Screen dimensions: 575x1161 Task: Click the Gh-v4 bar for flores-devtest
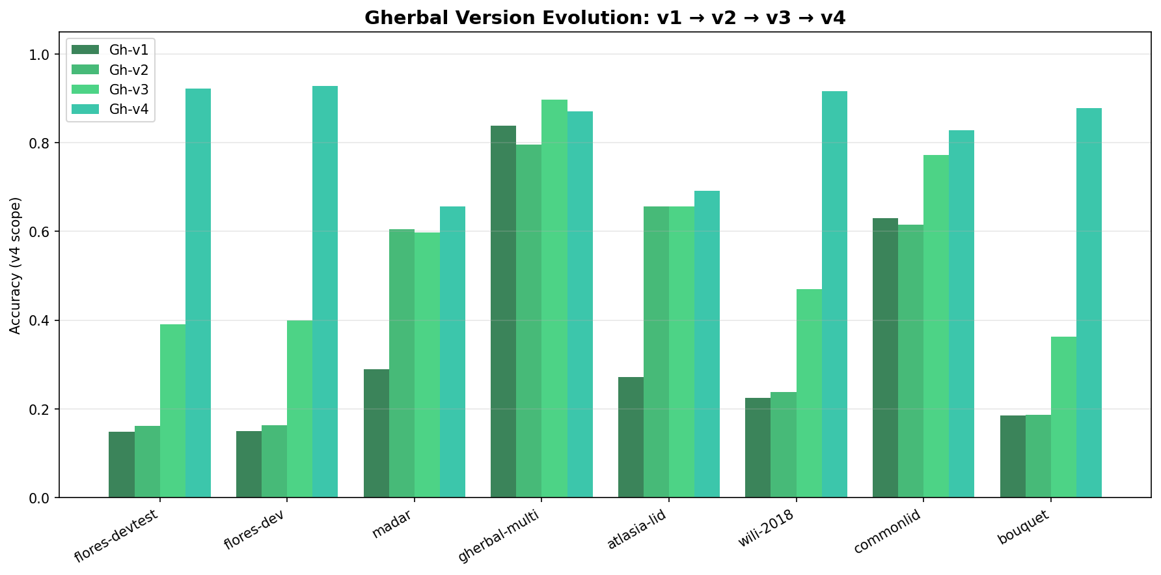click(x=198, y=293)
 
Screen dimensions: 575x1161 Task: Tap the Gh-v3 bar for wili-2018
click(x=809, y=393)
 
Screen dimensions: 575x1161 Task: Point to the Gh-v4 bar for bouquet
click(x=1089, y=303)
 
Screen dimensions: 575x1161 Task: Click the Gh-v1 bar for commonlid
click(x=885, y=358)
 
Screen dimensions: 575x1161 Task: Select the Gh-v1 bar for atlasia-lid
click(x=631, y=437)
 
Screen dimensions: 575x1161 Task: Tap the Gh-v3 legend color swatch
click(x=85, y=90)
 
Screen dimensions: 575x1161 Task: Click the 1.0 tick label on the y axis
click(x=41, y=55)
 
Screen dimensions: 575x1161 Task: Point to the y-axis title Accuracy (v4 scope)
click(x=16, y=265)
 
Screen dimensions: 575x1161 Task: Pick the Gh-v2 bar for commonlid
click(x=910, y=361)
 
